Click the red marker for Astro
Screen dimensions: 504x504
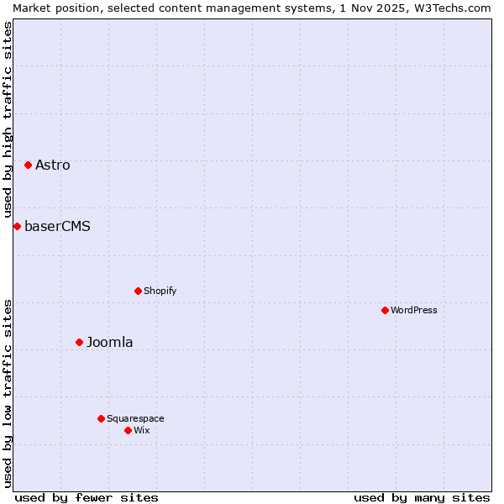pyautogui.click(x=28, y=165)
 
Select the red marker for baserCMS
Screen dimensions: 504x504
pyautogui.click(x=17, y=227)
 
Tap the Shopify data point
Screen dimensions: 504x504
pyautogui.click(x=138, y=291)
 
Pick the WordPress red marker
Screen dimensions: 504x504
pyautogui.click(x=385, y=311)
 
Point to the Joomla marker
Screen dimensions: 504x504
pyautogui.click(x=79, y=343)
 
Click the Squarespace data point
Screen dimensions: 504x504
pyautogui.click(x=101, y=419)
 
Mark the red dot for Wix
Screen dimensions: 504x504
pyautogui.click(x=128, y=431)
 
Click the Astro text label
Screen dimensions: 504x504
pyautogui.click(x=53, y=165)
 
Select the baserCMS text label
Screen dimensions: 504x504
pyautogui.click(x=58, y=227)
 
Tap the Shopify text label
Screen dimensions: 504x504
pyautogui.click(x=160, y=291)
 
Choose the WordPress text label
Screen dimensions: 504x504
pyautogui.click(x=414, y=311)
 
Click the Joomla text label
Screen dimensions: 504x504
pyautogui.click(x=110, y=343)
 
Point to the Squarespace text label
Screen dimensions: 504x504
pyautogui.click(x=136, y=419)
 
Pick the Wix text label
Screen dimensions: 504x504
pyautogui.click(x=142, y=431)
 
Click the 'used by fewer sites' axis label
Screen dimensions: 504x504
pyautogui.click(x=87, y=497)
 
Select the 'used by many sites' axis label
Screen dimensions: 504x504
pyautogui.click(x=422, y=497)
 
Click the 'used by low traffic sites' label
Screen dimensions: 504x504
pyautogui.click(x=8, y=392)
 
